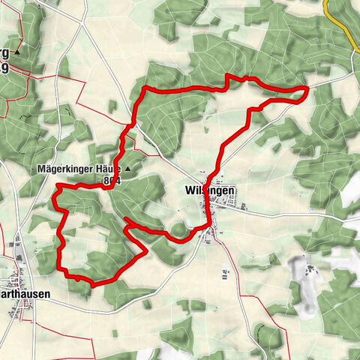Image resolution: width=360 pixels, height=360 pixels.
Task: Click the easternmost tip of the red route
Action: [x=308, y=88]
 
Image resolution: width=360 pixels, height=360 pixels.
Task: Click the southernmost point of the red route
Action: [x=93, y=283]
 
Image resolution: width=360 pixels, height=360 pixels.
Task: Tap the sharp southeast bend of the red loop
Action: [x=145, y=250]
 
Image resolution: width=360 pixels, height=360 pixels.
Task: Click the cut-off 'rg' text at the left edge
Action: [x=5, y=54]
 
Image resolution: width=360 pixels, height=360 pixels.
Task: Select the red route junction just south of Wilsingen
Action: [x=206, y=224]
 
